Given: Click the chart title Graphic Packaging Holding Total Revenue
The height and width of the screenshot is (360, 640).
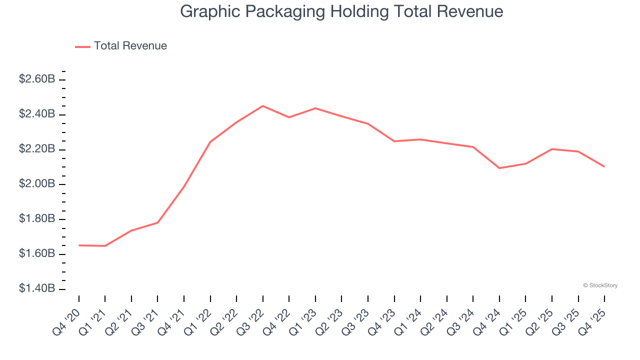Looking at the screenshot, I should click(341, 11).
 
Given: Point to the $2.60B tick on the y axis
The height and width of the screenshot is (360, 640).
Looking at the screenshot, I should click(37, 79).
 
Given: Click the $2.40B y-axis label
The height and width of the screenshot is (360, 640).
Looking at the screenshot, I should click(37, 114).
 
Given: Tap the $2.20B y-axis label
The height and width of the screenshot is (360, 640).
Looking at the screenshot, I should click(37, 149).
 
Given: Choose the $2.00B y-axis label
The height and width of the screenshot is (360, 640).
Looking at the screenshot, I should click(37, 184).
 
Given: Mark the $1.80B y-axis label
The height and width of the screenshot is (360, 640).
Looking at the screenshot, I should click(37, 219).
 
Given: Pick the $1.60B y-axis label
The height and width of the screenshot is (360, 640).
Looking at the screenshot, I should click(37, 254).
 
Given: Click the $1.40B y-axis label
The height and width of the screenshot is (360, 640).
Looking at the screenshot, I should click(37, 288).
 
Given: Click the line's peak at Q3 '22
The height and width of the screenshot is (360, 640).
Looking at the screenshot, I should click(263, 106).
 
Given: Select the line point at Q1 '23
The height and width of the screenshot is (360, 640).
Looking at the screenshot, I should click(315, 108).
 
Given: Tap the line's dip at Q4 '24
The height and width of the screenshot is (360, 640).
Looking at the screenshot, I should click(499, 168).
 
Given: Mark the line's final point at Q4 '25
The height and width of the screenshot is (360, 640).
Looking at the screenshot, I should click(604, 166).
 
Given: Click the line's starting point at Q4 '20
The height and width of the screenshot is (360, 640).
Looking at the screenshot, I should click(79, 245).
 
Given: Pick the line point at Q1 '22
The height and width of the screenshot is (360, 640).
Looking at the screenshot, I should click(210, 142).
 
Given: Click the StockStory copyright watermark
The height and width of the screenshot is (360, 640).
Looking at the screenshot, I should click(600, 285).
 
